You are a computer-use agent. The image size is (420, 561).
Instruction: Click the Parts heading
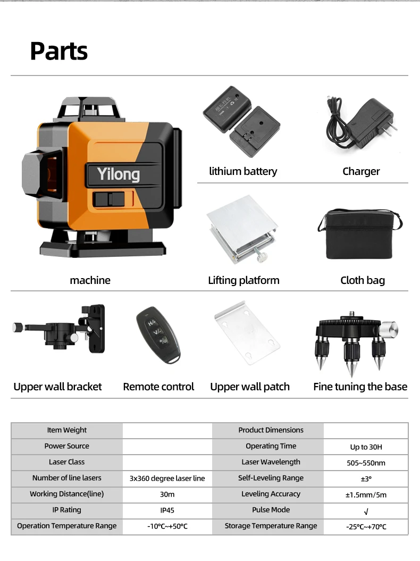pos(58,51)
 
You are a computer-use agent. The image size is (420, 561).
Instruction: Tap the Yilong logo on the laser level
pos(118,174)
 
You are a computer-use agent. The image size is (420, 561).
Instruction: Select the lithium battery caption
pos(243,171)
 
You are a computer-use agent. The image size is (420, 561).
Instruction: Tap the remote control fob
pos(158,335)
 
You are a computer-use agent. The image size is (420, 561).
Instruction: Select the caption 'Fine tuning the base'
pos(360,387)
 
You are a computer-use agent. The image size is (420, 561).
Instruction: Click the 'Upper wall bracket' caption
pos(57,387)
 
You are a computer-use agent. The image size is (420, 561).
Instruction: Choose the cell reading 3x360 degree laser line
pos(167,479)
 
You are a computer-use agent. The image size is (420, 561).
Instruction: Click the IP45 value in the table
pos(167,510)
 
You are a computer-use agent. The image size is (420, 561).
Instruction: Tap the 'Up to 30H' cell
pos(366,447)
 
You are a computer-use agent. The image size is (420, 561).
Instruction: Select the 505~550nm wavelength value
pos(366,463)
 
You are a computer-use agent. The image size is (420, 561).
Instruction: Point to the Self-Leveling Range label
pos(271,478)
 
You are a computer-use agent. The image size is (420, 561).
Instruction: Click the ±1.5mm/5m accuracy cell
pos(366,495)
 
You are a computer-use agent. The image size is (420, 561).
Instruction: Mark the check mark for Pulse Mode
pos(366,512)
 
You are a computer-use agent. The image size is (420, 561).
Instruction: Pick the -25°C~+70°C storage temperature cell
pos(366,527)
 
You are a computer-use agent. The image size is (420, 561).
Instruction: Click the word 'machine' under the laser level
pos(90,280)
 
